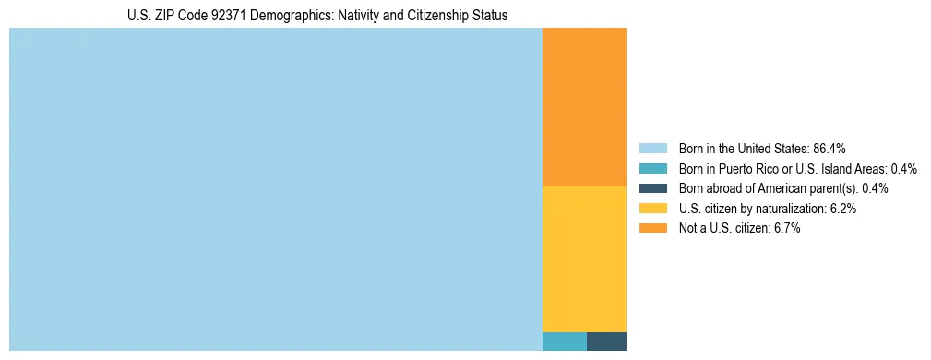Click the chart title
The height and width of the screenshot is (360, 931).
coord(317,16)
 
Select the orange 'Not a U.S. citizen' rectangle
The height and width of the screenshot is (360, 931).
coord(584,106)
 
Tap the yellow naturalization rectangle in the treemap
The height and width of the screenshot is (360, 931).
coord(584,258)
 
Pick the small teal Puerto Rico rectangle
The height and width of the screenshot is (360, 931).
coord(564,341)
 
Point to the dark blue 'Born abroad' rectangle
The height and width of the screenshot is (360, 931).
coord(606,341)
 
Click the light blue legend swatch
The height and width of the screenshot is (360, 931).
coord(652,149)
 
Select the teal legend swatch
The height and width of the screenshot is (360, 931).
coord(652,169)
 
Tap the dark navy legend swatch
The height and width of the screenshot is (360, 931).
coord(652,188)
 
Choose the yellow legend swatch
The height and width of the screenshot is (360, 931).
coord(652,209)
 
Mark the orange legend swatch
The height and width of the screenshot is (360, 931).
coord(652,229)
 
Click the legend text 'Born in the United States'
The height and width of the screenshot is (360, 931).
coord(744,149)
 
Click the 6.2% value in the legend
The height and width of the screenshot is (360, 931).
coord(842,209)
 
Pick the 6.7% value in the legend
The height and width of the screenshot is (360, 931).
coord(786,229)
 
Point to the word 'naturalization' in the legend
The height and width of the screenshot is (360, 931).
coord(792,209)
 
